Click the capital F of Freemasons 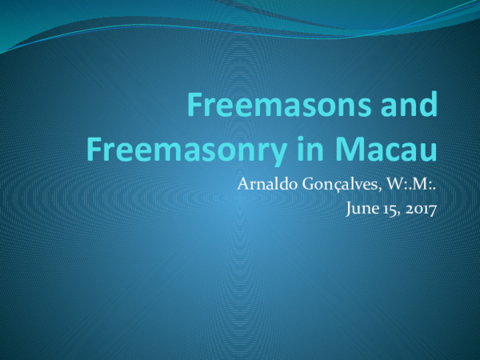(x=194, y=105)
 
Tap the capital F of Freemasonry (x=94, y=148)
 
